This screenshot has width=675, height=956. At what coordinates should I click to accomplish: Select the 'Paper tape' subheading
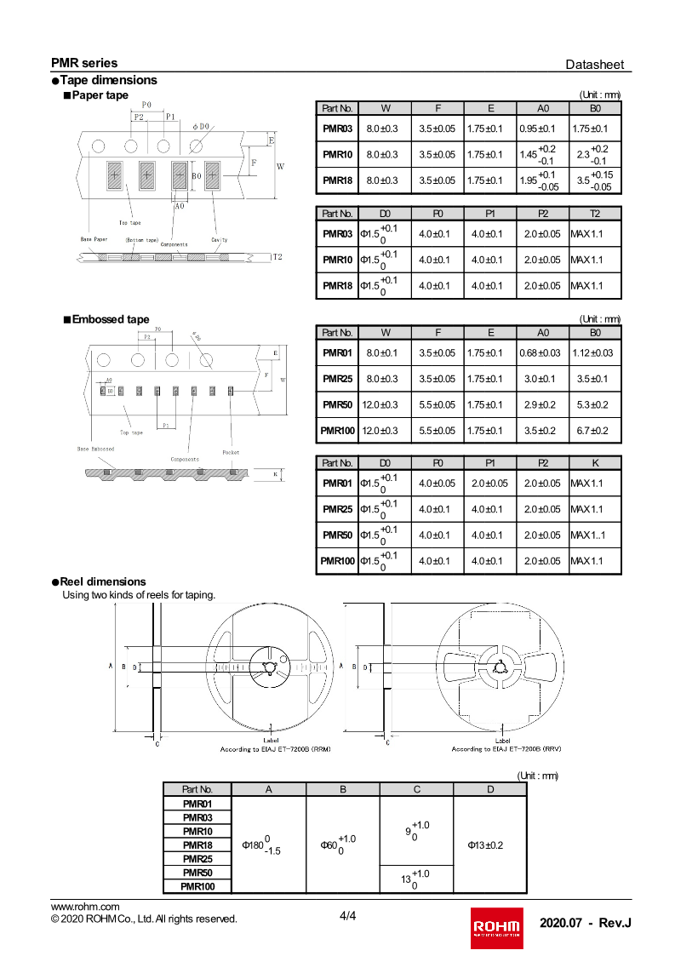coord(100,95)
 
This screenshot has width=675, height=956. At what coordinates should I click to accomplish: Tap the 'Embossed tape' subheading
coord(110,319)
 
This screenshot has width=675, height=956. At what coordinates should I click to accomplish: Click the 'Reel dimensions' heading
coord(102,581)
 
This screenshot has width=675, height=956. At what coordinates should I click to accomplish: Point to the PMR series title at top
coord(84,63)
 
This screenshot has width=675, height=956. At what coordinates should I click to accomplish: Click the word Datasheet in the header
coord(594,65)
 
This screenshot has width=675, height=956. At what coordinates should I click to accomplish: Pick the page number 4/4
coord(348,916)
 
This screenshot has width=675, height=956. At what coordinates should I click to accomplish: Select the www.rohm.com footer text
coord(85,906)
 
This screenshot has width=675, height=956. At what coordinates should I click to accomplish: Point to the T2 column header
coord(594,214)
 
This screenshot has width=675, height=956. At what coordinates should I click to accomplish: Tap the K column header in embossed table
coord(594,463)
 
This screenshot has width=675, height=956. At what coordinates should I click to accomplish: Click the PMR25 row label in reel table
coord(197,859)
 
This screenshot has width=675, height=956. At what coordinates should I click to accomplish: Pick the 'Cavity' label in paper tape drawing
coord(220,240)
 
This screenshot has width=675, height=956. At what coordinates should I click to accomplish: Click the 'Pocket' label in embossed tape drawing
coord(231,452)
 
